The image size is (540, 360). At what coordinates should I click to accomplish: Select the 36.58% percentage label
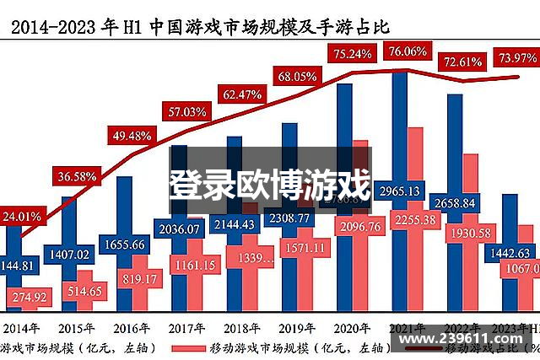click(78, 177)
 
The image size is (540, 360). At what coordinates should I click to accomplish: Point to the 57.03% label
click(187, 111)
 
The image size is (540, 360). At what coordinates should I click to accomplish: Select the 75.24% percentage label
click(354, 55)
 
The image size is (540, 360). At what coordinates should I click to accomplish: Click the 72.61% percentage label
click(462, 62)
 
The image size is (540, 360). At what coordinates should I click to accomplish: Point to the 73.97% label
click(516, 57)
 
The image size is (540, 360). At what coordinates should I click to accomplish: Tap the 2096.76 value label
click(359, 226)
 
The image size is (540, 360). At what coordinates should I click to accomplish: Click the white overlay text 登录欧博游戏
click(269, 184)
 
